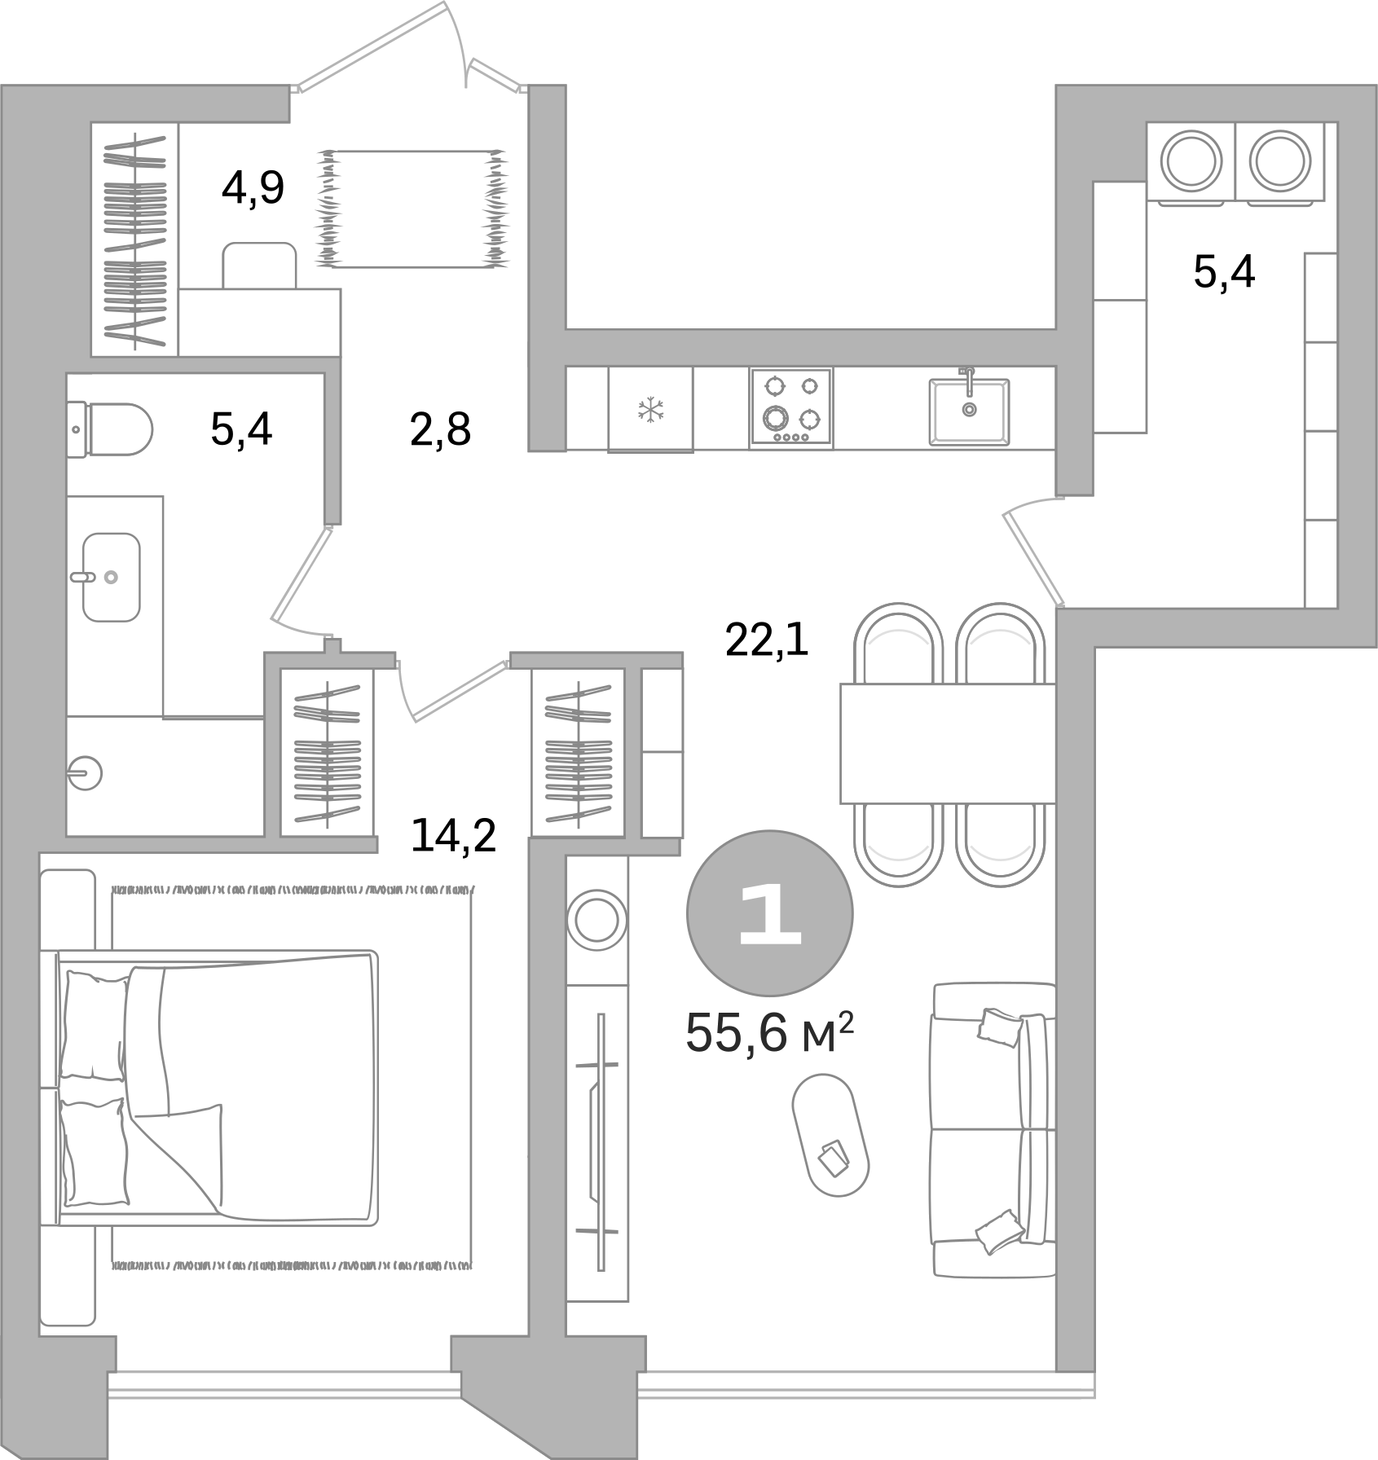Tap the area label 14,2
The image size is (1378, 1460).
(453, 835)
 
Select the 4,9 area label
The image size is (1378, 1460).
(253, 189)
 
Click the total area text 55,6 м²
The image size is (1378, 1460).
(769, 1033)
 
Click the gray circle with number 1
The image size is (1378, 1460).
(769, 912)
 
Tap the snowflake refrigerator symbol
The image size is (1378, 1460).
(650, 408)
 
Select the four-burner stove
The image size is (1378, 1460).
(790, 407)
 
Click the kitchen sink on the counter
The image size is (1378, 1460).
(969, 411)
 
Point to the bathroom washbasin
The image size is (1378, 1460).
(111, 576)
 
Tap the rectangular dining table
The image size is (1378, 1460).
(947, 743)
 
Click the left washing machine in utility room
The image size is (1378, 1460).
(1191, 161)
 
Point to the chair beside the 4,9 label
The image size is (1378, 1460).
(260, 264)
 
